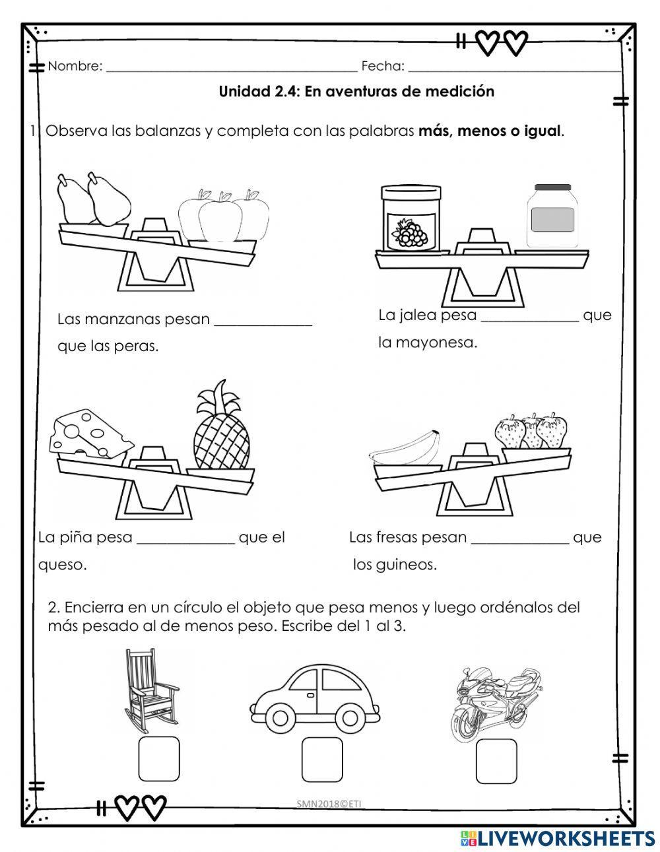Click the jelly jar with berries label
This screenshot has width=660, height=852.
(x=410, y=218)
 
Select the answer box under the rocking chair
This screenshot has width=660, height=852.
(x=159, y=758)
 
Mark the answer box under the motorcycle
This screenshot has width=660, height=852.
(x=496, y=760)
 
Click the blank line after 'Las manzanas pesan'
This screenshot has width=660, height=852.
(x=263, y=322)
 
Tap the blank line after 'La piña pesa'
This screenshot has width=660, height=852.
(x=185, y=540)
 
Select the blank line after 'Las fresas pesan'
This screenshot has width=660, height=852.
(x=520, y=540)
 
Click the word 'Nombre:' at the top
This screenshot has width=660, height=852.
(x=75, y=66)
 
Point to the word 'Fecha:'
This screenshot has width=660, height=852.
(x=383, y=66)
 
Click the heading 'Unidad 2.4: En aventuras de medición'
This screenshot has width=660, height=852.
(x=356, y=92)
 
